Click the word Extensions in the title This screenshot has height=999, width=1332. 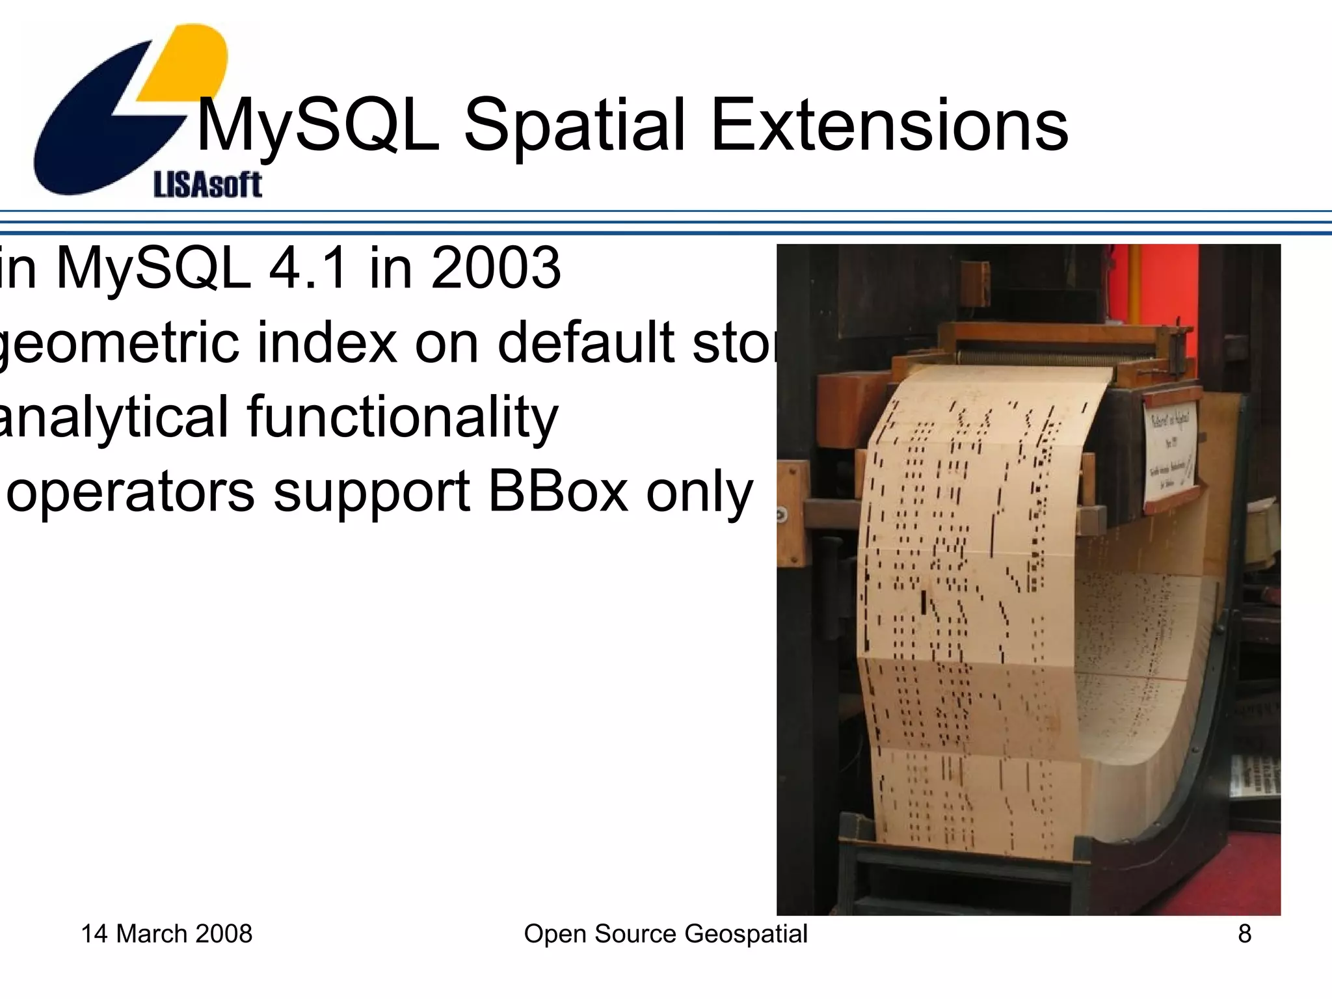point(889,125)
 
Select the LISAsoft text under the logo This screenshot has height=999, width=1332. point(207,185)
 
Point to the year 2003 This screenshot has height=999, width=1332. point(496,268)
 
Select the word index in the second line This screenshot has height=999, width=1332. point(326,342)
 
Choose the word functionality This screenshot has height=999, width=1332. point(402,418)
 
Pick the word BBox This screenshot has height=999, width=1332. point(558,492)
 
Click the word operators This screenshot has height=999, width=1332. point(130,493)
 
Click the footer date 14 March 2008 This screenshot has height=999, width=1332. point(166,934)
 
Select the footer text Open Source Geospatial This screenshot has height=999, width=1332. point(665,934)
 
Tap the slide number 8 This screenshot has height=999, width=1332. point(1244,934)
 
